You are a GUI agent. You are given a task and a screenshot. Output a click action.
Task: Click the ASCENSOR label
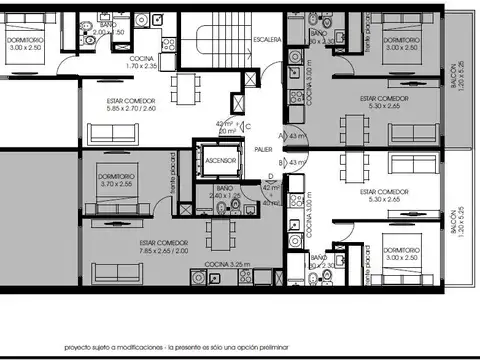coord(219,161)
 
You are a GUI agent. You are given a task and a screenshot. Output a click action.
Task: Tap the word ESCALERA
coord(265,40)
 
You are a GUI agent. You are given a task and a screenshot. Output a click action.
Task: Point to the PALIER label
coord(263,149)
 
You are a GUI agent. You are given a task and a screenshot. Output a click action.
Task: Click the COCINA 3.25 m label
coord(228,263)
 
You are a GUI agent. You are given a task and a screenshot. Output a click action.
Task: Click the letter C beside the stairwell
coord(247,126)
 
